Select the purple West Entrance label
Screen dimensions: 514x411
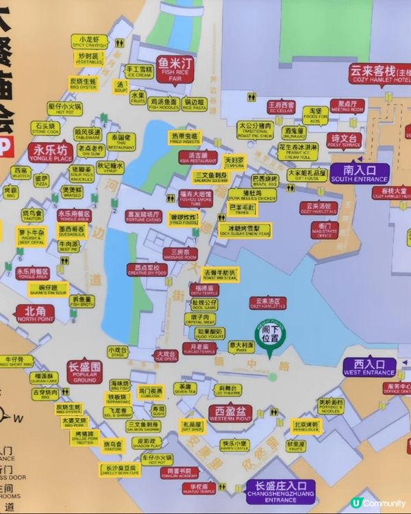pos(370,367)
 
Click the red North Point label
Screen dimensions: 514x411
pos(36,314)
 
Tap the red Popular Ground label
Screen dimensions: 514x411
pos(84,371)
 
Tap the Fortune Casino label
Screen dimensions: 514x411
pos(144,216)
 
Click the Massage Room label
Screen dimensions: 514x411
pos(180,254)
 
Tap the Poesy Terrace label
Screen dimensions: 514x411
pos(344,140)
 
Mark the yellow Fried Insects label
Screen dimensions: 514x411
pos(184,139)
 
